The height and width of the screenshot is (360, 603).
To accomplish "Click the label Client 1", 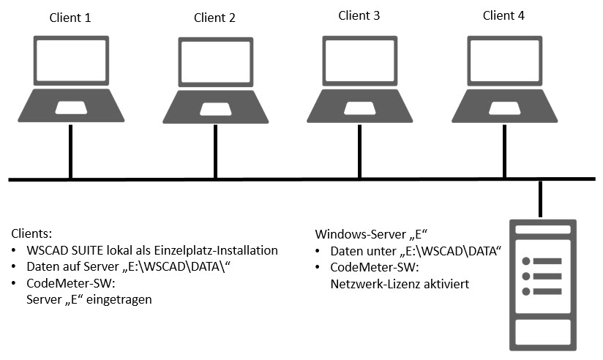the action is (70, 18).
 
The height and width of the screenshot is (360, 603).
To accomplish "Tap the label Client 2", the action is (214, 18).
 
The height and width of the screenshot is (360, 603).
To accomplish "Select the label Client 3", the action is (359, 15).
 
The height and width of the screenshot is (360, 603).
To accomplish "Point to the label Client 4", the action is (503, 15).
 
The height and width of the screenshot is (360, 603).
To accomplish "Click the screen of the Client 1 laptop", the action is (71, 61).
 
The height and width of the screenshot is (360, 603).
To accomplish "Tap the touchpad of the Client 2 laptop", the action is (216, 109).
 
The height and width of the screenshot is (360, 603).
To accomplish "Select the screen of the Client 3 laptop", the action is (359, 61).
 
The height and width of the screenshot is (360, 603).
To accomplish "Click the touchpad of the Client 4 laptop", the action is (504, 108).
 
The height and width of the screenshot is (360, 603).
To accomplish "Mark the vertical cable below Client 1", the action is (71, 151).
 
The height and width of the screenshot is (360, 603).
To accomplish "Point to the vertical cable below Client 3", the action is (359, 151).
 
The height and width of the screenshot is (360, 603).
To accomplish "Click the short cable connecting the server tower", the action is (540, 199).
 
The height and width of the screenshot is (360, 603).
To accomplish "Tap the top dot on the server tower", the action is (526, 261).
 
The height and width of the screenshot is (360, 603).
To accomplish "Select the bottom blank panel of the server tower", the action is (543, 332).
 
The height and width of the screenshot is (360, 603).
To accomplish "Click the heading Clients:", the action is (31, 233).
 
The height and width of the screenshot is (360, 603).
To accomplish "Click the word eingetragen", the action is (119, 299).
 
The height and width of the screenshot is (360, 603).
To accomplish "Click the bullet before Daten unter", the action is (318, 251).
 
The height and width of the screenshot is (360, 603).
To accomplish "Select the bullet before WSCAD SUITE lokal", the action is (14, 250).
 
